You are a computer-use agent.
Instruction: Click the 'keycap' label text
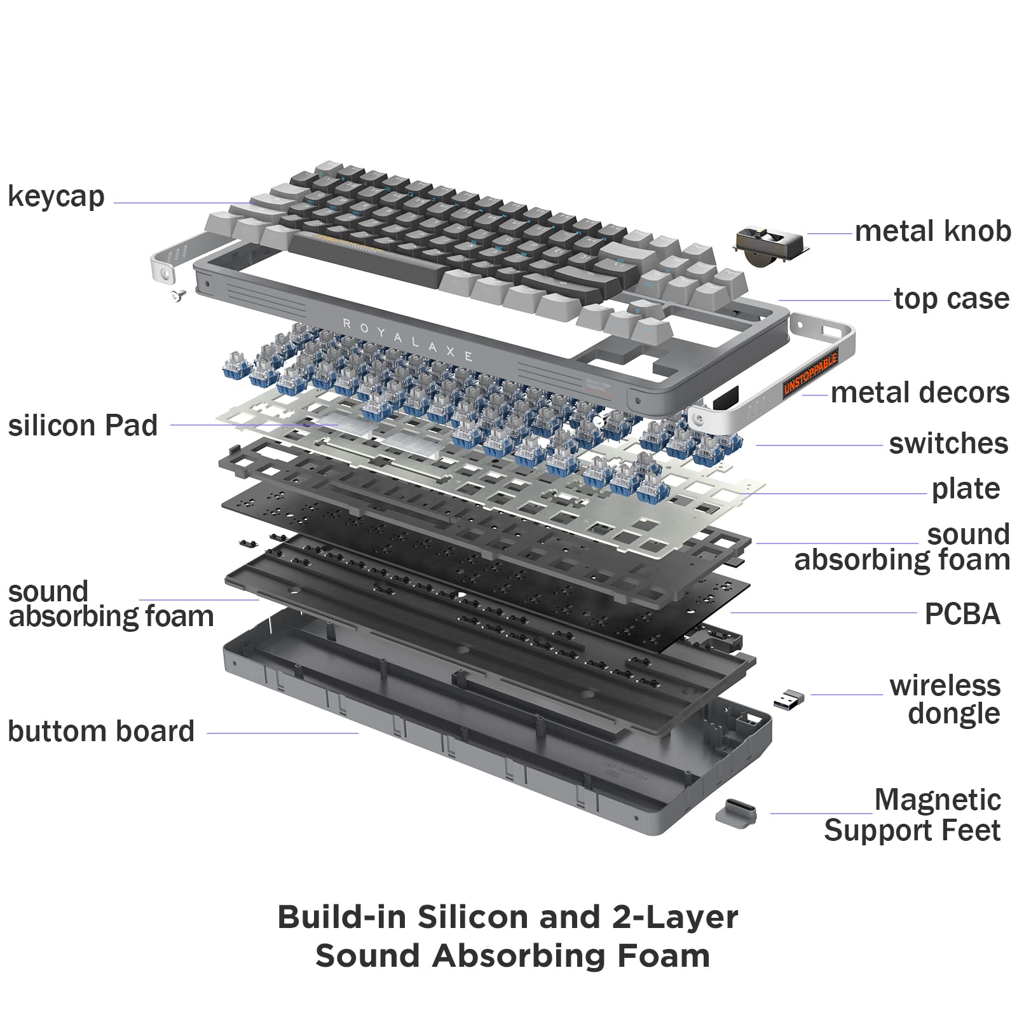[56, 197]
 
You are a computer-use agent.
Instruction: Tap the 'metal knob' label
[932, 231]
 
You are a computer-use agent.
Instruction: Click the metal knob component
[769, 245]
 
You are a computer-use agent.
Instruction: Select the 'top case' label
[951, 299]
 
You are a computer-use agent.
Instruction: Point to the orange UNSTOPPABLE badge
[810, 376]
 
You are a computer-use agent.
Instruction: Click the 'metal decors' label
[920, 393]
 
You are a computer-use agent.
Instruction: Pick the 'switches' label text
[948, 444]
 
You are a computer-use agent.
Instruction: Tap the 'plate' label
[966, 489]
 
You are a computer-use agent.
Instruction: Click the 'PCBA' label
[962, 614]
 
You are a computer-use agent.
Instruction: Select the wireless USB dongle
[789, 699]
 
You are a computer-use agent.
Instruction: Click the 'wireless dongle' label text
[945, 699]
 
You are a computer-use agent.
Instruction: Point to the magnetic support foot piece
[736, 812]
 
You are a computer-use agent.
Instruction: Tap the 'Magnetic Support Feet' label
[913, 816]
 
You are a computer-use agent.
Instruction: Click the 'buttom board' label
[101, 732]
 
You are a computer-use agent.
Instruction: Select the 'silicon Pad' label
[83, 426]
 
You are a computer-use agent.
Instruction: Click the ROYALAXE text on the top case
[407, 339]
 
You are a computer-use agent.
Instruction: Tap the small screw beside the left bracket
[178, 294]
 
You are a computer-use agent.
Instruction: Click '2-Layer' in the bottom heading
[675, 917]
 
